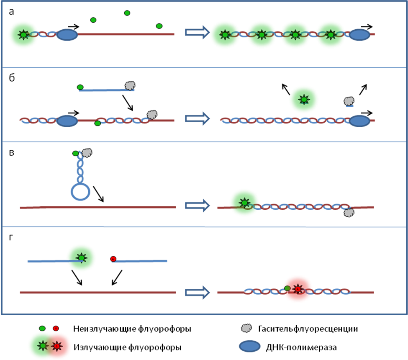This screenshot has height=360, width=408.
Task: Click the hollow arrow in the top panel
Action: click(197, 32)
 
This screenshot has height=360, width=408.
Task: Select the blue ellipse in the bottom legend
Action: click(249, 346)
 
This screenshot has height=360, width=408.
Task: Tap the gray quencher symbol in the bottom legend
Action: click(246, 328)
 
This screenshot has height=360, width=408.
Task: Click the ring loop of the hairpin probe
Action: click(80, 192)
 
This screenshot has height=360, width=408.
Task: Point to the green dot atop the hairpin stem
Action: click(76, 154)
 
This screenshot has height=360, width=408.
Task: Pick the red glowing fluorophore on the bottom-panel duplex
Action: click(298, 289)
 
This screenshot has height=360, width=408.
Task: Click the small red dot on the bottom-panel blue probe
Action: click(113, 259)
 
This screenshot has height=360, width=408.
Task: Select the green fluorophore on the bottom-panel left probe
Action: click(81, 258)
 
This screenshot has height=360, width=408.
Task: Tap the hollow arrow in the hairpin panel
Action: click(197, 205)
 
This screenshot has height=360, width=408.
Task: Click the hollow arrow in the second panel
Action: click(197, 118)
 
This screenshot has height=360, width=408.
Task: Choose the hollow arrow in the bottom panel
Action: click(197, 292)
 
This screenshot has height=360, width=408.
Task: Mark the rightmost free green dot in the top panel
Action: click(159, 26)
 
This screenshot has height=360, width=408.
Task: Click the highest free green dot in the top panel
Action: click(127, 13)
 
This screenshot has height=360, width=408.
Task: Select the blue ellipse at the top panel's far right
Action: click(359, 35)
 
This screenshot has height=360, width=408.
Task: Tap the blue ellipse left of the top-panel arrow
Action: click(67, 35)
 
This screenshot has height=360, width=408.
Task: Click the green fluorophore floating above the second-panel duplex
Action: click(304, 99)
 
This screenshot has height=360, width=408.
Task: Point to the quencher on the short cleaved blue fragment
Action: click(349, 101)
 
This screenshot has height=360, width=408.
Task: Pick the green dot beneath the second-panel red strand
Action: click(98, 123)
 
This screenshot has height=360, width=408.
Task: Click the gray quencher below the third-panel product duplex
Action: click(349, 213)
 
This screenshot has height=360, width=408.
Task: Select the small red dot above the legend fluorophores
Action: click(56, 329)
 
